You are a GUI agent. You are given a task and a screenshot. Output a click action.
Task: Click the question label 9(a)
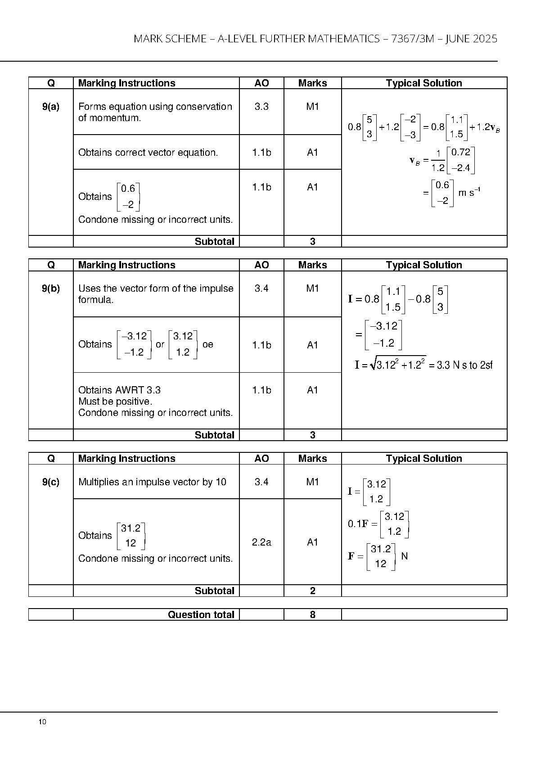pos(51,107)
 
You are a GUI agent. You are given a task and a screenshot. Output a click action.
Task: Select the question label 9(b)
pos(51,289)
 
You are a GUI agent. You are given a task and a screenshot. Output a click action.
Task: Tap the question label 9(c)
pos(51,482)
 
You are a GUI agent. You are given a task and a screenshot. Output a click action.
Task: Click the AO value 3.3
pos(261,107)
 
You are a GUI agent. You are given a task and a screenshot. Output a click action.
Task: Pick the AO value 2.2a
pos(261,542)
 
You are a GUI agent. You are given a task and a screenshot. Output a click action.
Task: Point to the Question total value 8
pos(313,614)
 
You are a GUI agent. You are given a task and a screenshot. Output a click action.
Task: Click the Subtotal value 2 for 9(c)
pos(313,591)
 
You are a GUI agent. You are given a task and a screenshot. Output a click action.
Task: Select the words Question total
pos(201,614)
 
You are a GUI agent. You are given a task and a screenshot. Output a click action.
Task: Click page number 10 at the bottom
pos(42,722)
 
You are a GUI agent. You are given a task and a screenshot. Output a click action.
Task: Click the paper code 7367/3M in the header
pos(413,39)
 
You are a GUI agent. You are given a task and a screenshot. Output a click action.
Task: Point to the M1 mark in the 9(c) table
pos(313,482)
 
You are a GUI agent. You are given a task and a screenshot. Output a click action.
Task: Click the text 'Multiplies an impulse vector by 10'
pos(152,482)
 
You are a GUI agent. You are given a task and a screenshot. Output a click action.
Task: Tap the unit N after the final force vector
pos(405,556)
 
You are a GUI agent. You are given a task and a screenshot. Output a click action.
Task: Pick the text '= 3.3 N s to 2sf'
pos(461,365)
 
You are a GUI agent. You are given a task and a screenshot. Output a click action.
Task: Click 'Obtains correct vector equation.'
pos(148,153)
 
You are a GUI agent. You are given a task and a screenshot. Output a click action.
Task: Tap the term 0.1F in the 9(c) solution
pos(358,523)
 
